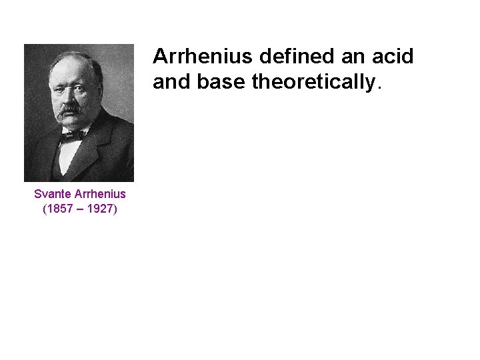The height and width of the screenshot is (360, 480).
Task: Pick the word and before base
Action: point(170,83)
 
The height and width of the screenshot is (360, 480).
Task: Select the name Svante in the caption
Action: point(52,194)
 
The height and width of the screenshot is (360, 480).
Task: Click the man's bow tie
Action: point(71,135)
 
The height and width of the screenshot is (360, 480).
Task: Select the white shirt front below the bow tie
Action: point(69,157)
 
